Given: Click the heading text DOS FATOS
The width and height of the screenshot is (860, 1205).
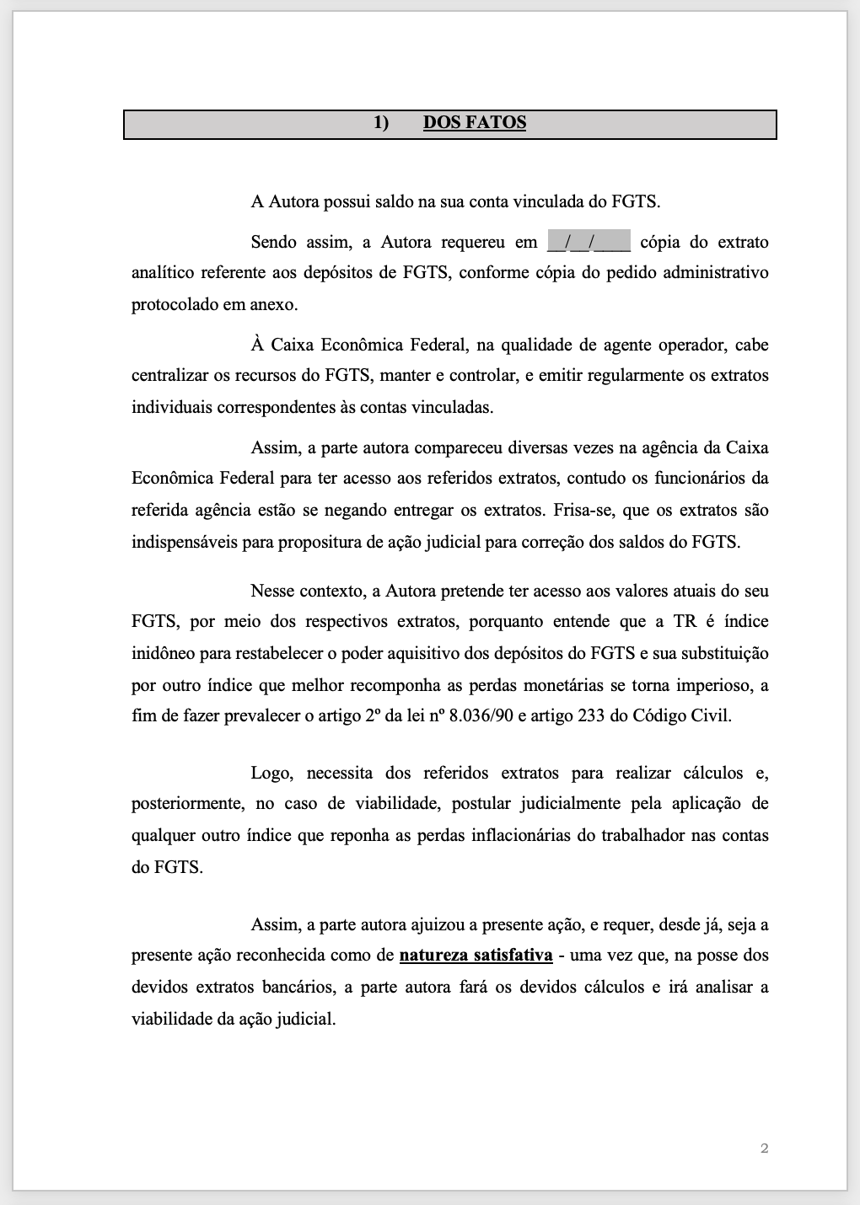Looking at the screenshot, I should [x=475, y=123].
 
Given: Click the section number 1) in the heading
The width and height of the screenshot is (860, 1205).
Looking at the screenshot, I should [x=381, y=123].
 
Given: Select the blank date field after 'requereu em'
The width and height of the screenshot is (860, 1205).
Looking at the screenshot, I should [x=589, y=243].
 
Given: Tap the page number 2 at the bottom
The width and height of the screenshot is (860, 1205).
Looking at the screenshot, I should [x=764, y=1148].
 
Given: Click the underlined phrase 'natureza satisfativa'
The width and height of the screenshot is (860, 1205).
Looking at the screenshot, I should [x=476, y=956].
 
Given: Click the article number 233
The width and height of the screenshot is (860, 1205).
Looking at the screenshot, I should [x=592, y=716].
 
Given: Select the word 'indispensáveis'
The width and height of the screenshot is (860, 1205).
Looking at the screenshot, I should [x=183, y=543].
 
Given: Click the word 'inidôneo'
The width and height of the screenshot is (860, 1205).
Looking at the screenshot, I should [x=163, y=654].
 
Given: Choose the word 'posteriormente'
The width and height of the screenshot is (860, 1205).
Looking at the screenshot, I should [x=187, y=804].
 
